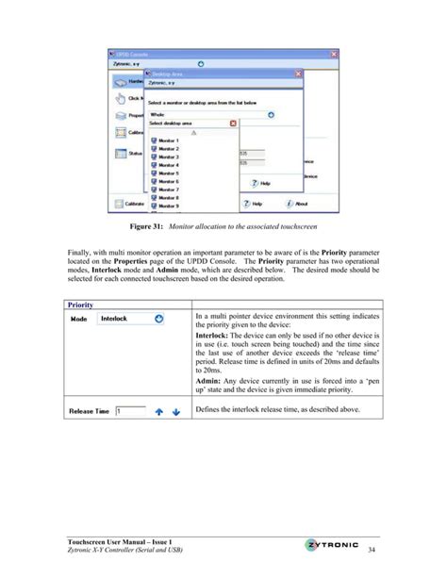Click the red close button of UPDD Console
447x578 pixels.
pyautogui.click(x=333, y=56)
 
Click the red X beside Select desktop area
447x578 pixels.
pyautogui.click(x=233, y=124)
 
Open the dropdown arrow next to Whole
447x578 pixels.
pyautogui.click(x=271, y=114)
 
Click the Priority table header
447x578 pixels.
pyautogui.click(x=80, y=305)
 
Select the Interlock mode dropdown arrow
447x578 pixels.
pyautogui.click(x=159, y=319)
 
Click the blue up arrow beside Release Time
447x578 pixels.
pyautogui.click(x=159, y=411)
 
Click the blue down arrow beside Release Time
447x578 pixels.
pyautogui.click(x=175, y=411)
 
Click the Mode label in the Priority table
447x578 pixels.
pyautogui.click(x=81, y=319)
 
